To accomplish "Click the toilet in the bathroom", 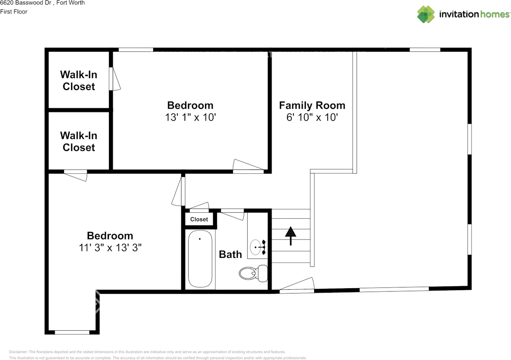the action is [254, 273].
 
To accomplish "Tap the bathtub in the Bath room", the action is [200, 259].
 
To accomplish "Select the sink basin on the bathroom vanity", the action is [255, 247].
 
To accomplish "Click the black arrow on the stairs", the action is [291, 235].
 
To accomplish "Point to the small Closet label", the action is [199, 219].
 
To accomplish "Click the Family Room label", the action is [312, 105].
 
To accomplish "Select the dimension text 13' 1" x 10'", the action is [190, 117].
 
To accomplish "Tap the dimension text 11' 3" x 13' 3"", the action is [110, 247].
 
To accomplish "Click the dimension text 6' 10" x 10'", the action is [312, 117].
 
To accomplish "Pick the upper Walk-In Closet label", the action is [79, 81].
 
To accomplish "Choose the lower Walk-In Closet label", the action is [79, 141].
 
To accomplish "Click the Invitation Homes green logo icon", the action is [426, 14].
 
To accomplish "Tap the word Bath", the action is [230, 254].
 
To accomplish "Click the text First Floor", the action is [14, 12].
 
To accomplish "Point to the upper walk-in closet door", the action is [115, 79].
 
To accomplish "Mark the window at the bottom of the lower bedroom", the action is [72, 332].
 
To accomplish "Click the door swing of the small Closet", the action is [199, 206].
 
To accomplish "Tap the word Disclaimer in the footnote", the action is [18, 352].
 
